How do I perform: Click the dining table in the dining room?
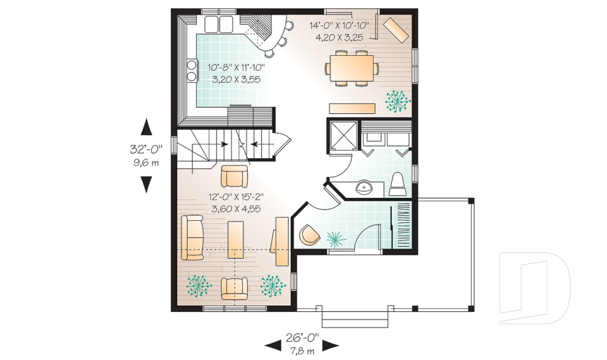click(x=352, y=68)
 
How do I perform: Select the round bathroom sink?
click(x=364, y=189)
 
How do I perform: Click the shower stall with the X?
click(x=343, y=135)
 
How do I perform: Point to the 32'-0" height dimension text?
click(x=146, y=149)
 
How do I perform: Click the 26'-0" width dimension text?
click(x=302, y=337)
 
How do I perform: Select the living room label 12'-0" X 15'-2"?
click(x=236, y=197)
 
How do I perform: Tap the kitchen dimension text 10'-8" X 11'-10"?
click(x=236, y=68)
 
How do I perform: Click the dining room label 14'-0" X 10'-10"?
click(x=339, y=25)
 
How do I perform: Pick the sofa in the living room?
click(x=192, y=237)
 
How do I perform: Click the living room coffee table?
click(x=235, y=240)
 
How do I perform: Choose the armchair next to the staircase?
click(x=234, y=176)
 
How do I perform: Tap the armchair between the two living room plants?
click(x=234, y=289)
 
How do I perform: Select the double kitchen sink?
click(x=219, y=24)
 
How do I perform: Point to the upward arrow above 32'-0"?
click(x=146, y=127)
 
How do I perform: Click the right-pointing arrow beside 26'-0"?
click(x=331, y=345)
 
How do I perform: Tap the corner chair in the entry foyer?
click(x=309, y=235)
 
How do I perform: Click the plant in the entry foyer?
click(x=336, y=239)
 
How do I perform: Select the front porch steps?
click(x=355, y=318)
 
